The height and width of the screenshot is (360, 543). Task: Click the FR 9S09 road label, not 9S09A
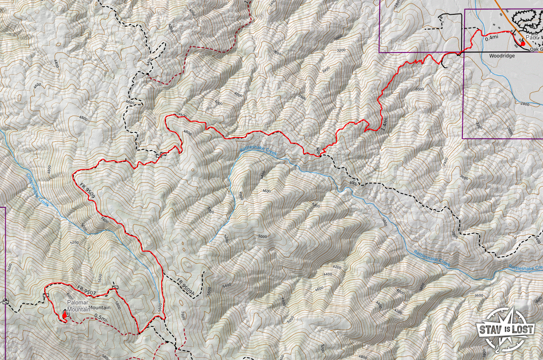coord(88,191)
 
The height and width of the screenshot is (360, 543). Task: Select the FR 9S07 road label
coord(86,290)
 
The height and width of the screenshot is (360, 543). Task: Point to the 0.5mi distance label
coord(100,318)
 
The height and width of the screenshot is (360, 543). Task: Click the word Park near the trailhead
coord(532,38)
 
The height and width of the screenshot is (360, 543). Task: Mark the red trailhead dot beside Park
coord(523,43)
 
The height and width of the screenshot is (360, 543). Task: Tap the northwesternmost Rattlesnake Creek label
coord(258,151)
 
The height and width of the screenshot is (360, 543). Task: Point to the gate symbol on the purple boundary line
coord(5,301)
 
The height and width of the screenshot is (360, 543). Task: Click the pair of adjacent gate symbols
coord(161,154)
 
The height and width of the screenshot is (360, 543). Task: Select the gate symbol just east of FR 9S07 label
coord(115,287)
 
